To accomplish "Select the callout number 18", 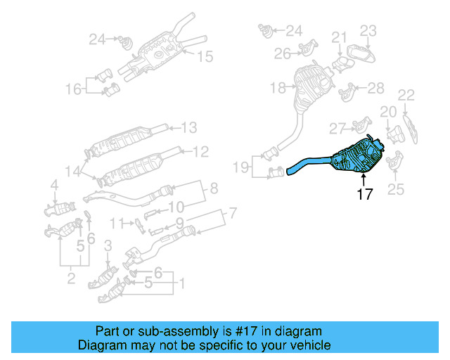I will pos(278,88).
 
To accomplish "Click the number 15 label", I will pos(204,57).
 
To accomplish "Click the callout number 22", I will pos(406,95).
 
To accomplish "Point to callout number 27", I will pos(337,129).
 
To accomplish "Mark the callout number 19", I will pos(241,168).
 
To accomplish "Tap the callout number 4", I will pos(54,186).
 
